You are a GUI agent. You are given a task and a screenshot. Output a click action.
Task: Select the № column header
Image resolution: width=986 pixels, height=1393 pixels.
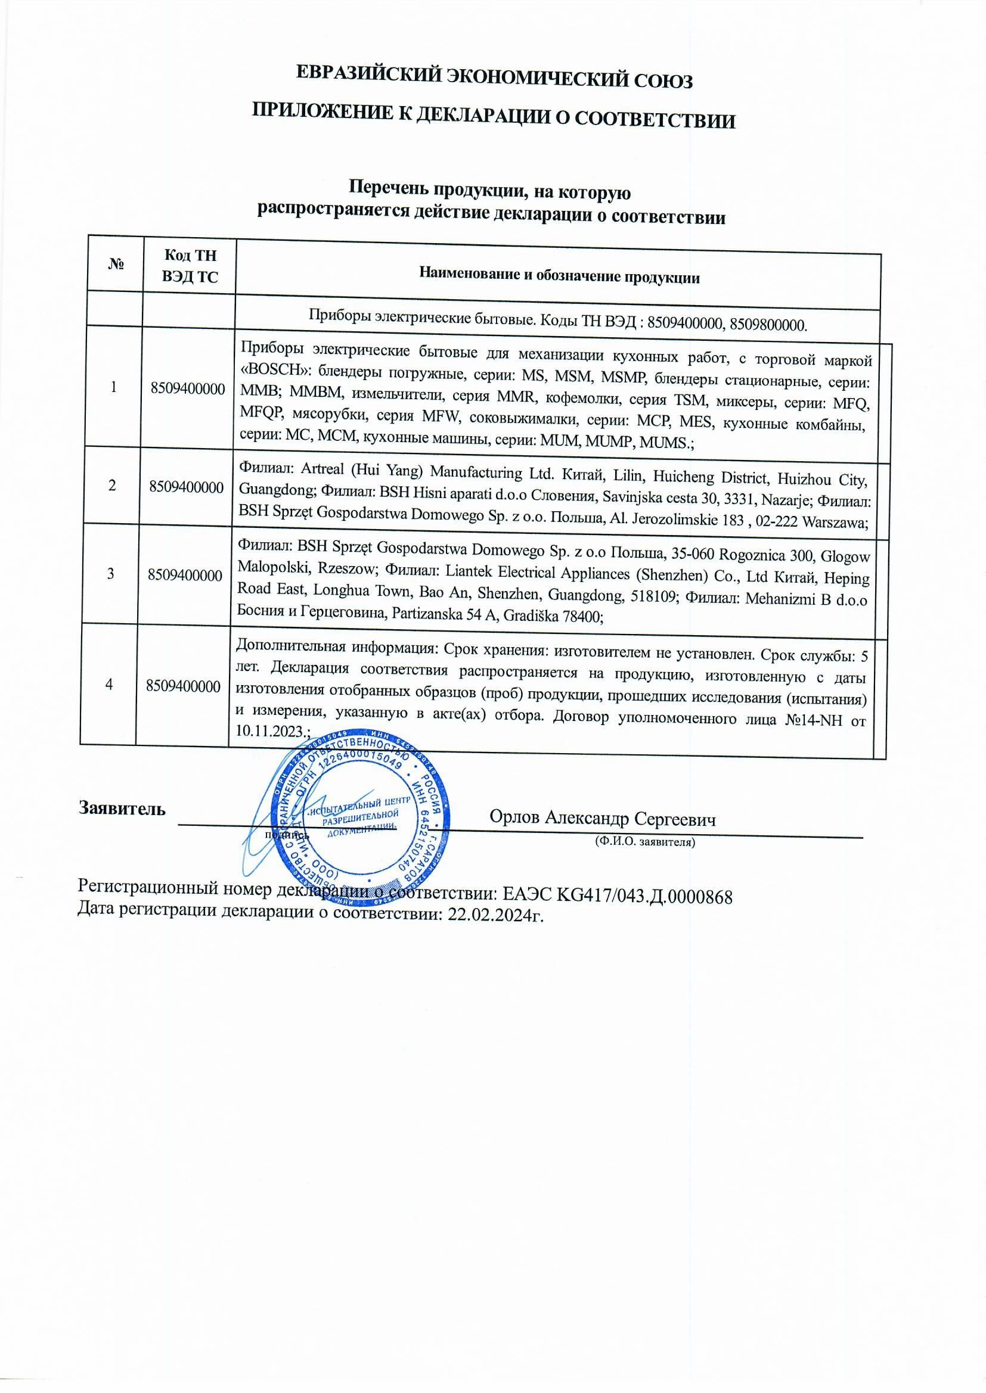(116, 264)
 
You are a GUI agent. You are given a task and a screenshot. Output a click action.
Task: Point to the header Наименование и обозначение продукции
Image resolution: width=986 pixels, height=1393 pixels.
(559, 277)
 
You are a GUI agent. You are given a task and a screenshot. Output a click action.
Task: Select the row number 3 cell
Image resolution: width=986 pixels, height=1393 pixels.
(110, 573)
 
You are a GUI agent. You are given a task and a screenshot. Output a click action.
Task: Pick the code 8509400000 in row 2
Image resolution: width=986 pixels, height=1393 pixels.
(187, 487)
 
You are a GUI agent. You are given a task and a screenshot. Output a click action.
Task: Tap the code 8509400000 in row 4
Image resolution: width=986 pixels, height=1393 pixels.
(184, 686)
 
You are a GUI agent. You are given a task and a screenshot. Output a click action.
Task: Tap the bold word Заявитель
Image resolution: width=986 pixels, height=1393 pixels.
(122, 809)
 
